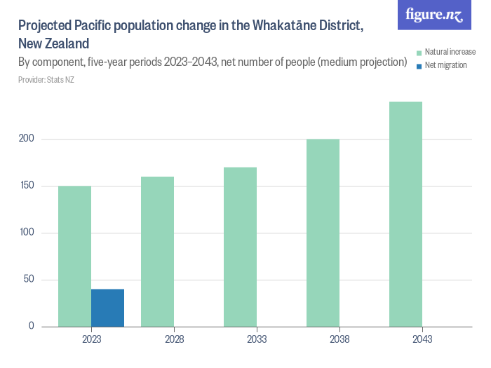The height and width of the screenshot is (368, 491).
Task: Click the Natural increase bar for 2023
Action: (x=74, y=256)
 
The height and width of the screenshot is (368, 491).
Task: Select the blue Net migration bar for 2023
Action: (x=107, y=308)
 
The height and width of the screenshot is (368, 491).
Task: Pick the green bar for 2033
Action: (x=240, y=247)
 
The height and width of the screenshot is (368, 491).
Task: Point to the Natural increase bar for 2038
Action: (x=323, y=233)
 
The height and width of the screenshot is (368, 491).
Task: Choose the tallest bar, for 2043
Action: (x=405, y=214)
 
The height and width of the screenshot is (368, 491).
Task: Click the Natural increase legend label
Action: (x=450, y=53)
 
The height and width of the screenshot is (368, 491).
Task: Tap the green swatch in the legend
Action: (x=419, y=53)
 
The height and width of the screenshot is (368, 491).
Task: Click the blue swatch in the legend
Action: (x=419, y=65)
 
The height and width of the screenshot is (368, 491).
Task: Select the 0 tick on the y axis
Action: (x=32, y=326)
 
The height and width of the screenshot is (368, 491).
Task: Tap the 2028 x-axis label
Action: (x=174, y=339)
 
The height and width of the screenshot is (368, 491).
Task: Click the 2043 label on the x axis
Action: (x=422, y=339)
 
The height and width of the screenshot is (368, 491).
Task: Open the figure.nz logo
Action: (x=434, y=15)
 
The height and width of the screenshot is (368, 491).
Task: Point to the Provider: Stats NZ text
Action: (x=46, y=80)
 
